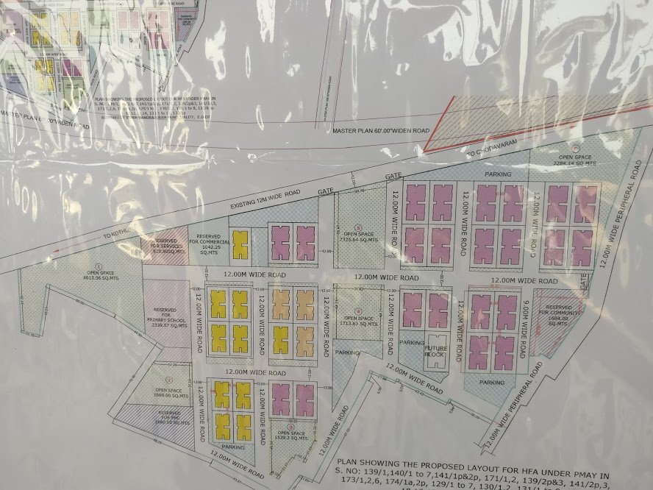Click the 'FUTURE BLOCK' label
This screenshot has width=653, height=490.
435,350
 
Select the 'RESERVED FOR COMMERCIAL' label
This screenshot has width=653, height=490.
210,244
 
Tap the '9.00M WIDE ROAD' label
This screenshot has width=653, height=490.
524,333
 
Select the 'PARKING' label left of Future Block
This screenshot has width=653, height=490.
412,344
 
